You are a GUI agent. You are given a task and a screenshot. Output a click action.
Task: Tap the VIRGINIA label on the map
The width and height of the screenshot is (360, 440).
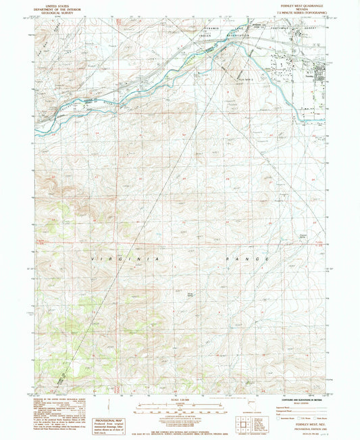pos(125,259)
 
